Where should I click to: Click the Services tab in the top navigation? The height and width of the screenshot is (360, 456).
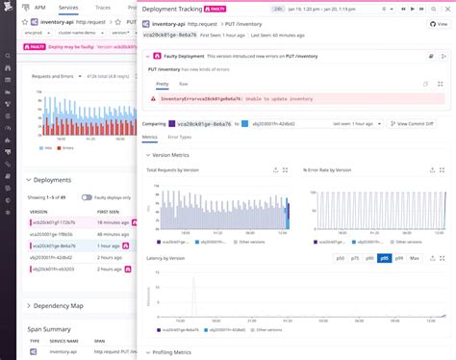point(68,7)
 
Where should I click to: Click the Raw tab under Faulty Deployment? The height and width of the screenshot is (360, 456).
point(182,84)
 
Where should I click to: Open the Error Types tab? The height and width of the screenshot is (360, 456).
point(179,138)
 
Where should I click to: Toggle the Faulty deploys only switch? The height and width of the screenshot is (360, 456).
point(87,196)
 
